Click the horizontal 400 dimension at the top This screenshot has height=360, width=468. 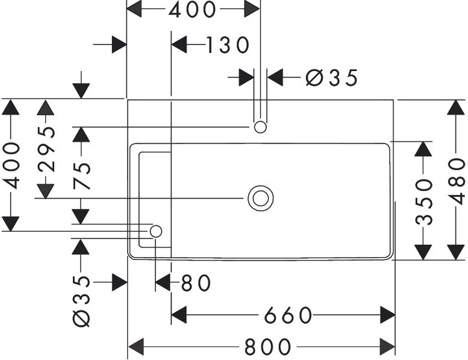(x=193, y=9)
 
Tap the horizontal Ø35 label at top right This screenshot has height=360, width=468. (x=331, y=77)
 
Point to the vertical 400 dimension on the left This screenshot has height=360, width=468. (x=11, y=165)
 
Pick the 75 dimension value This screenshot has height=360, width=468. (x=82, y=175)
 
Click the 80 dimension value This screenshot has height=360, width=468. (x=194, y=282)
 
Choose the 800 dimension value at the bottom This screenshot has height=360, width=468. (x=267, y=347)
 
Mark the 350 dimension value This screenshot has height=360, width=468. (x=425, y=200)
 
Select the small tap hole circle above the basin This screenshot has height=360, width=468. (x=260, y=127)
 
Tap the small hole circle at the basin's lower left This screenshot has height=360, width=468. (x=156, y=231)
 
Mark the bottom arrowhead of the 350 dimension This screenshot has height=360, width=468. (x=425, y=252)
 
